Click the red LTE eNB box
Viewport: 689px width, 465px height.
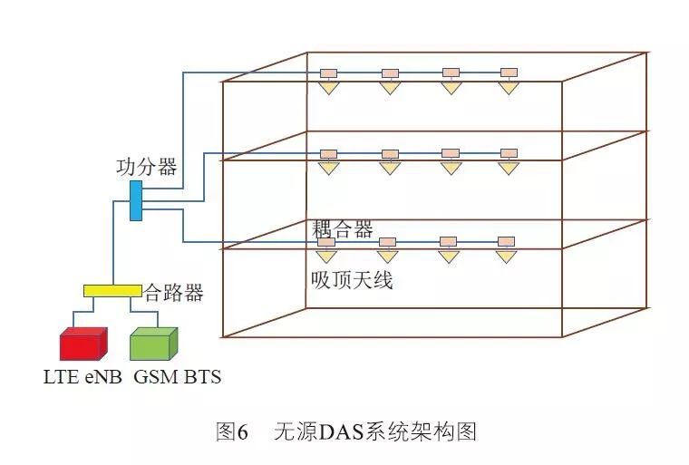[x=83, y=345]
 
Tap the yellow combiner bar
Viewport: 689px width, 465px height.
[x=112, y=291]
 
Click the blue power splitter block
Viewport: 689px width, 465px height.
[x=136, y=200]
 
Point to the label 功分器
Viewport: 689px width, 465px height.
[x=146, y=168]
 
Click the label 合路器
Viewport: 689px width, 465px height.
[x=173, y=292]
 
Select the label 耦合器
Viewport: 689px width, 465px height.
[x=343, y=229]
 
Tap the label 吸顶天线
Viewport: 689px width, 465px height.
[x=352, y=281]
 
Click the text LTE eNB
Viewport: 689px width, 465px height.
[x=82, y=376]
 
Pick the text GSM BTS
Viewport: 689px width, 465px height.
[x=177, y=376]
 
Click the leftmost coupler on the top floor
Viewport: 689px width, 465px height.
[x=328, y=73]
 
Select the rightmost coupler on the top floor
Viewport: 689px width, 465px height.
[x=509, y=73]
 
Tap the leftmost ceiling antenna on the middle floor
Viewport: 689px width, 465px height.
[x=328, y=169]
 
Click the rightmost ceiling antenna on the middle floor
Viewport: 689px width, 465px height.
[x=509, y=169]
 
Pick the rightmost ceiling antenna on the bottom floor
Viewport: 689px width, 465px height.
[x=506, y=257]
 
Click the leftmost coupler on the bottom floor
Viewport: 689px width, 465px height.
[x=326, y=241]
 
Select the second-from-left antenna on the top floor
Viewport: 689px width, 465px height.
[x=390, y=88]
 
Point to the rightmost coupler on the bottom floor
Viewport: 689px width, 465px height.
[x=506, y=241]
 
